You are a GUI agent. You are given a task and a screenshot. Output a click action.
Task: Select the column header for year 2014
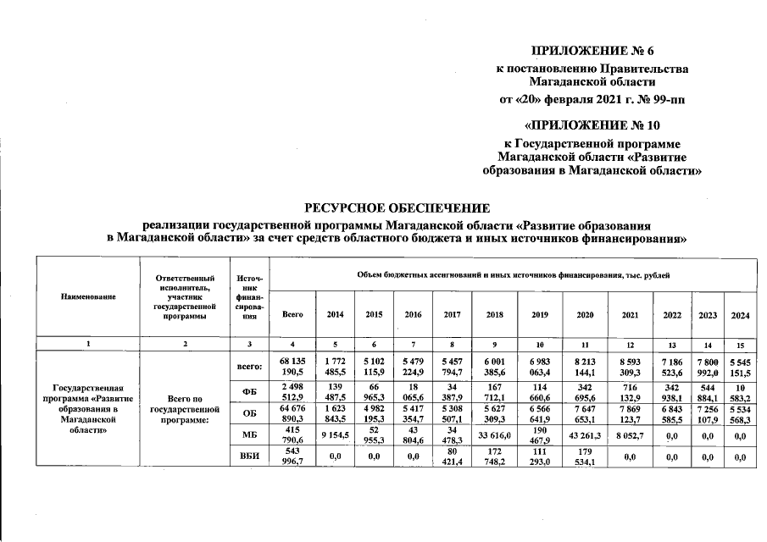[x=335, y=314]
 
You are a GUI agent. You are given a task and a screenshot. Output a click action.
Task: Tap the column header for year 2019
[x=539, y=314]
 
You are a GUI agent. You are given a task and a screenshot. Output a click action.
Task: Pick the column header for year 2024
[x=741, y=314]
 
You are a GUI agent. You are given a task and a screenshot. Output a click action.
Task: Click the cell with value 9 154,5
[x=335, y=435]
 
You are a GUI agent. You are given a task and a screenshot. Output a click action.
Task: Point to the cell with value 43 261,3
[x=585, y=435]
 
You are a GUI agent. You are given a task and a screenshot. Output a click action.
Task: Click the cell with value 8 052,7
[x=630, y=435]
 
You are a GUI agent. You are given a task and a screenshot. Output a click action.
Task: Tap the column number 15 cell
[x=741, y=344]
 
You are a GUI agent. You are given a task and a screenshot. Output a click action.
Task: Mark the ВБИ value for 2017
[x=453, y=457]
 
